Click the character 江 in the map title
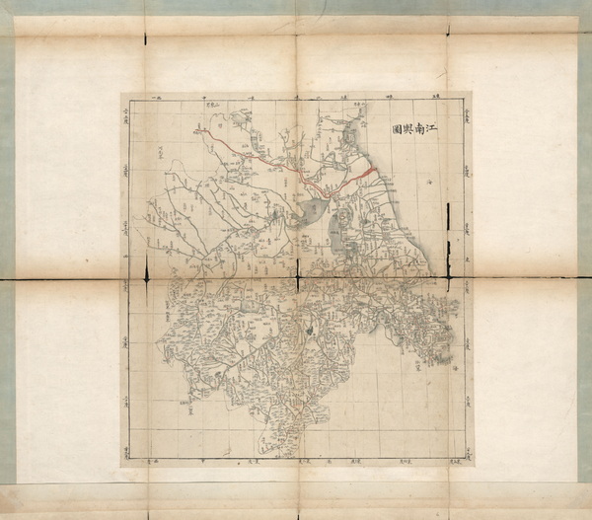[x=434, y=128]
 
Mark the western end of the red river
[x=195, y=128]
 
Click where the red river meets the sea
[x=375, y=168]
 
